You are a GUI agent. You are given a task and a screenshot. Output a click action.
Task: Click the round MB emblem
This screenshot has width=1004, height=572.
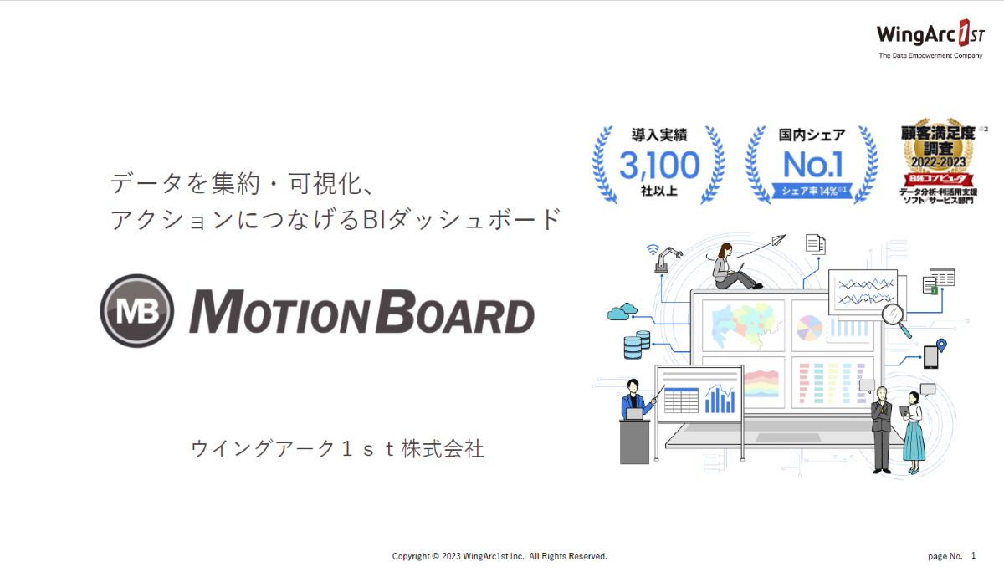137,310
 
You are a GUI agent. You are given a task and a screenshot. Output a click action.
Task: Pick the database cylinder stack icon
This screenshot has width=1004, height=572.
637,344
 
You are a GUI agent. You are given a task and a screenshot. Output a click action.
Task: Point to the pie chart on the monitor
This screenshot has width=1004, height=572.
807,327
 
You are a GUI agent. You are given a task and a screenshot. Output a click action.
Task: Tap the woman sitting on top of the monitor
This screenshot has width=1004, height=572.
727,266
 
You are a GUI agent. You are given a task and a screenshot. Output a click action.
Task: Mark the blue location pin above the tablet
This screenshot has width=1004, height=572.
941,345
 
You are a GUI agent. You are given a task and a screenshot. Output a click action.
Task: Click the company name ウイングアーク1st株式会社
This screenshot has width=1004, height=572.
337,448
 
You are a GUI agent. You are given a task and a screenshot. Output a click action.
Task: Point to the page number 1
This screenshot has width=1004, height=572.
973,555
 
